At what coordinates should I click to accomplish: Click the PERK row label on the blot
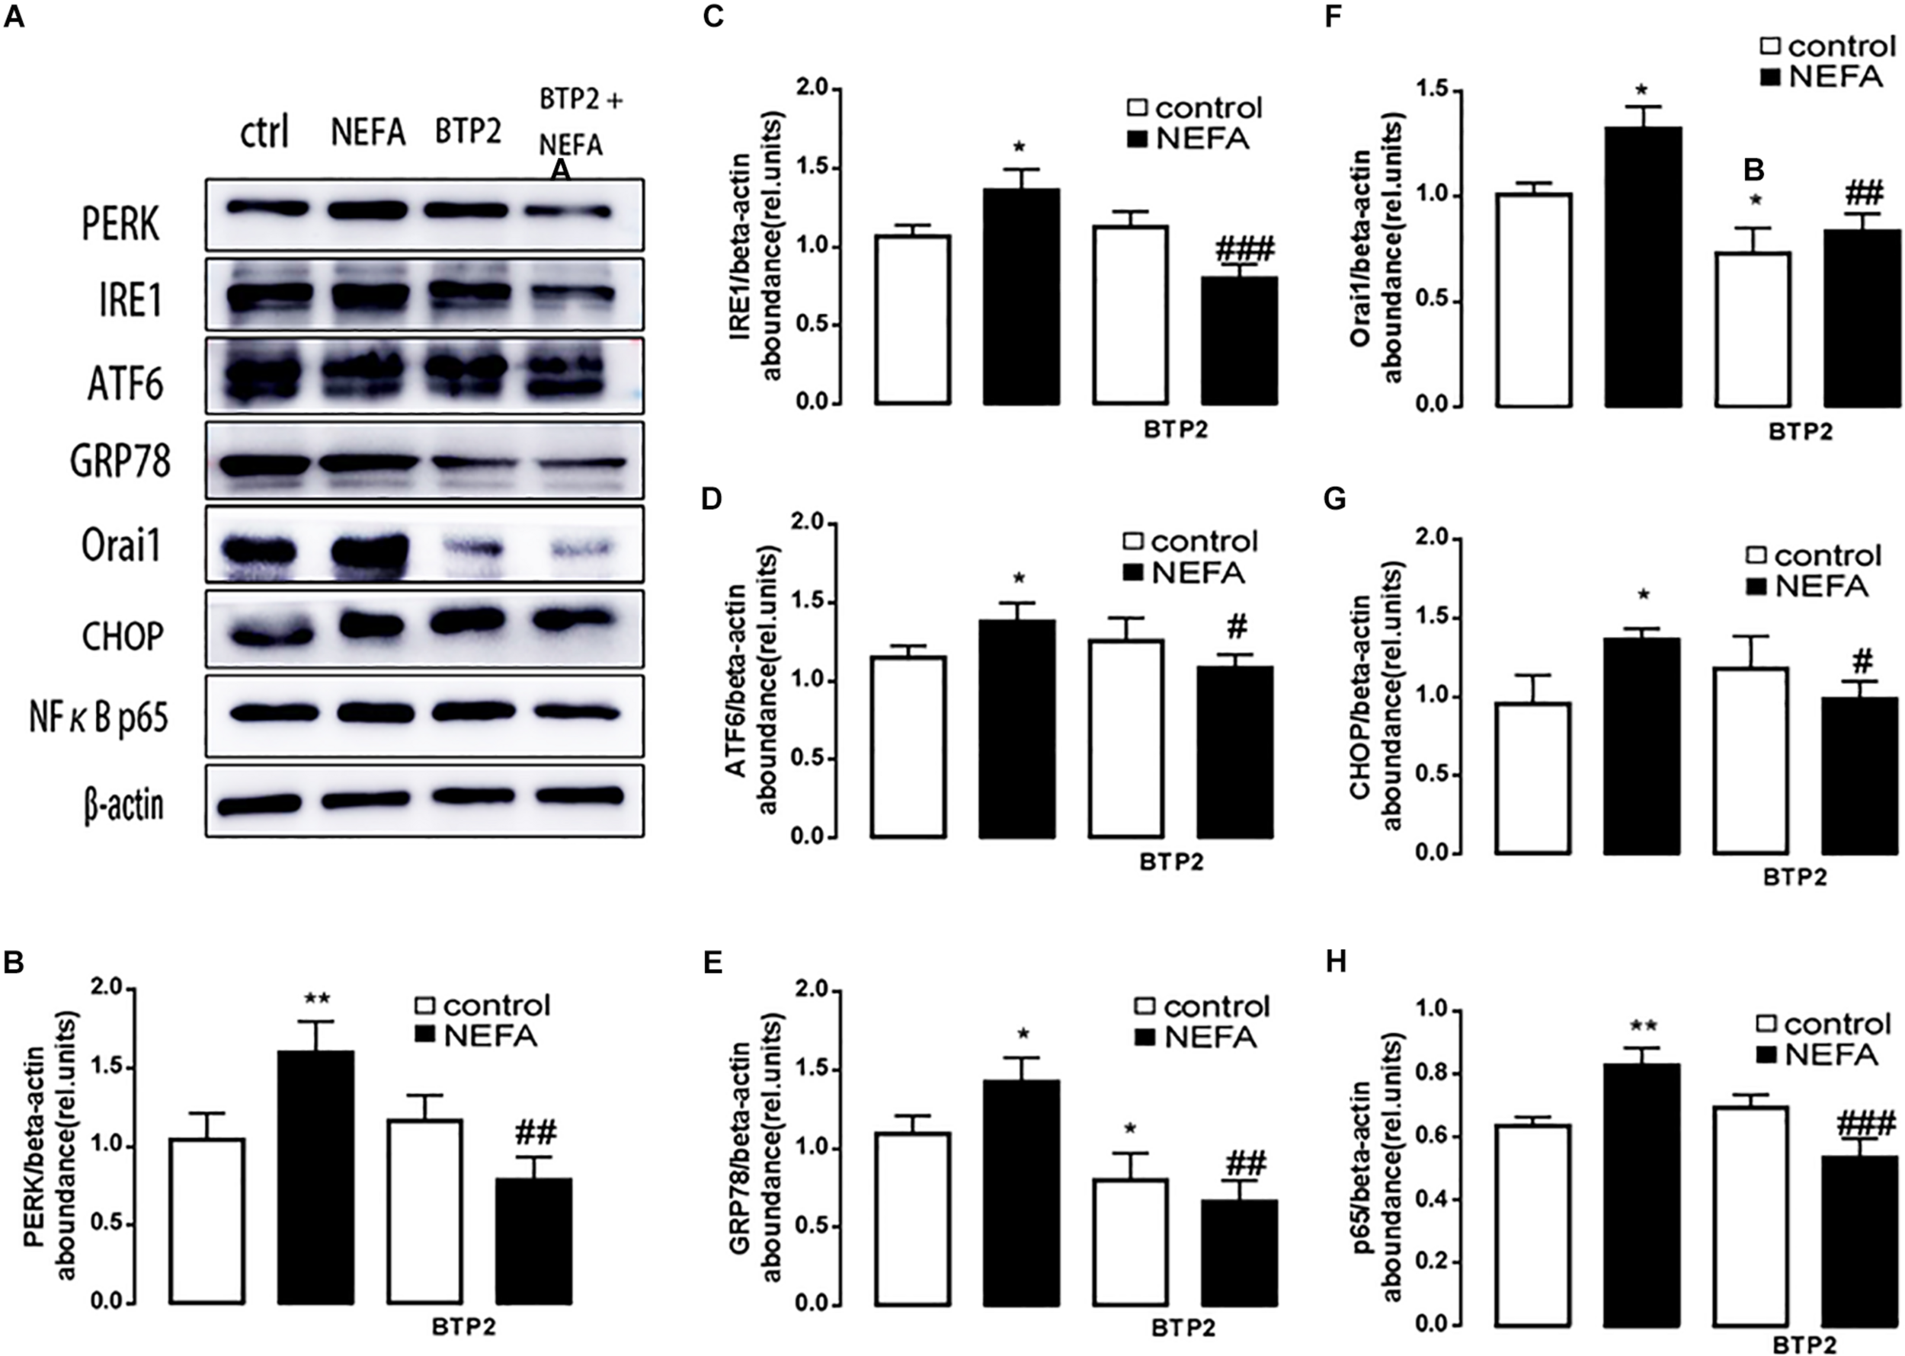tap(121, 224)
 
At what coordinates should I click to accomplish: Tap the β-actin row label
tap(123, 807)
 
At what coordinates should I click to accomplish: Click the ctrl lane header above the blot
tap(264, 132)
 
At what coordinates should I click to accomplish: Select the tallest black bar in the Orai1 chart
tap(1644, 267)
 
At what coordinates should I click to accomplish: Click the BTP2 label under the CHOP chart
tap(1795, 878)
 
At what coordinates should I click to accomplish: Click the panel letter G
tap(1336, 499)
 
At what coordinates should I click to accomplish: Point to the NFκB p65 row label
tap(98, 718)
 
